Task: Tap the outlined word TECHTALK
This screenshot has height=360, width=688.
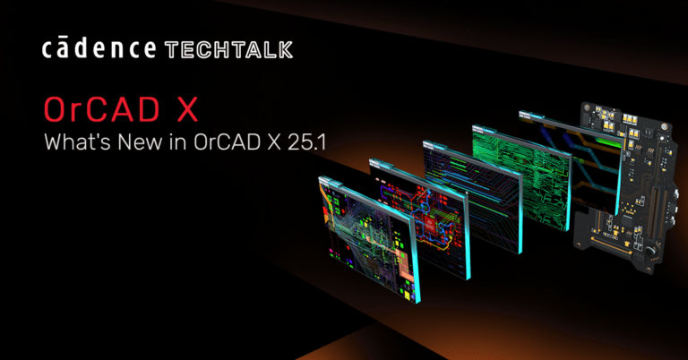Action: coord(228,50)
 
